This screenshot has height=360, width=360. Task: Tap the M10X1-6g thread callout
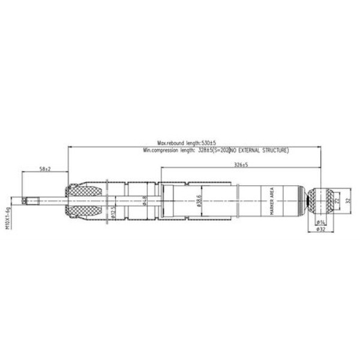coord(9,220)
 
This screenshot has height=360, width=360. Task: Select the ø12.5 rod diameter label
coord(113,212)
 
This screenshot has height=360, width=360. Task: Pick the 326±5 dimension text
coord(240,164)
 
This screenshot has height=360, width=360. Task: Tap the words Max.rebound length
coord(178,143)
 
